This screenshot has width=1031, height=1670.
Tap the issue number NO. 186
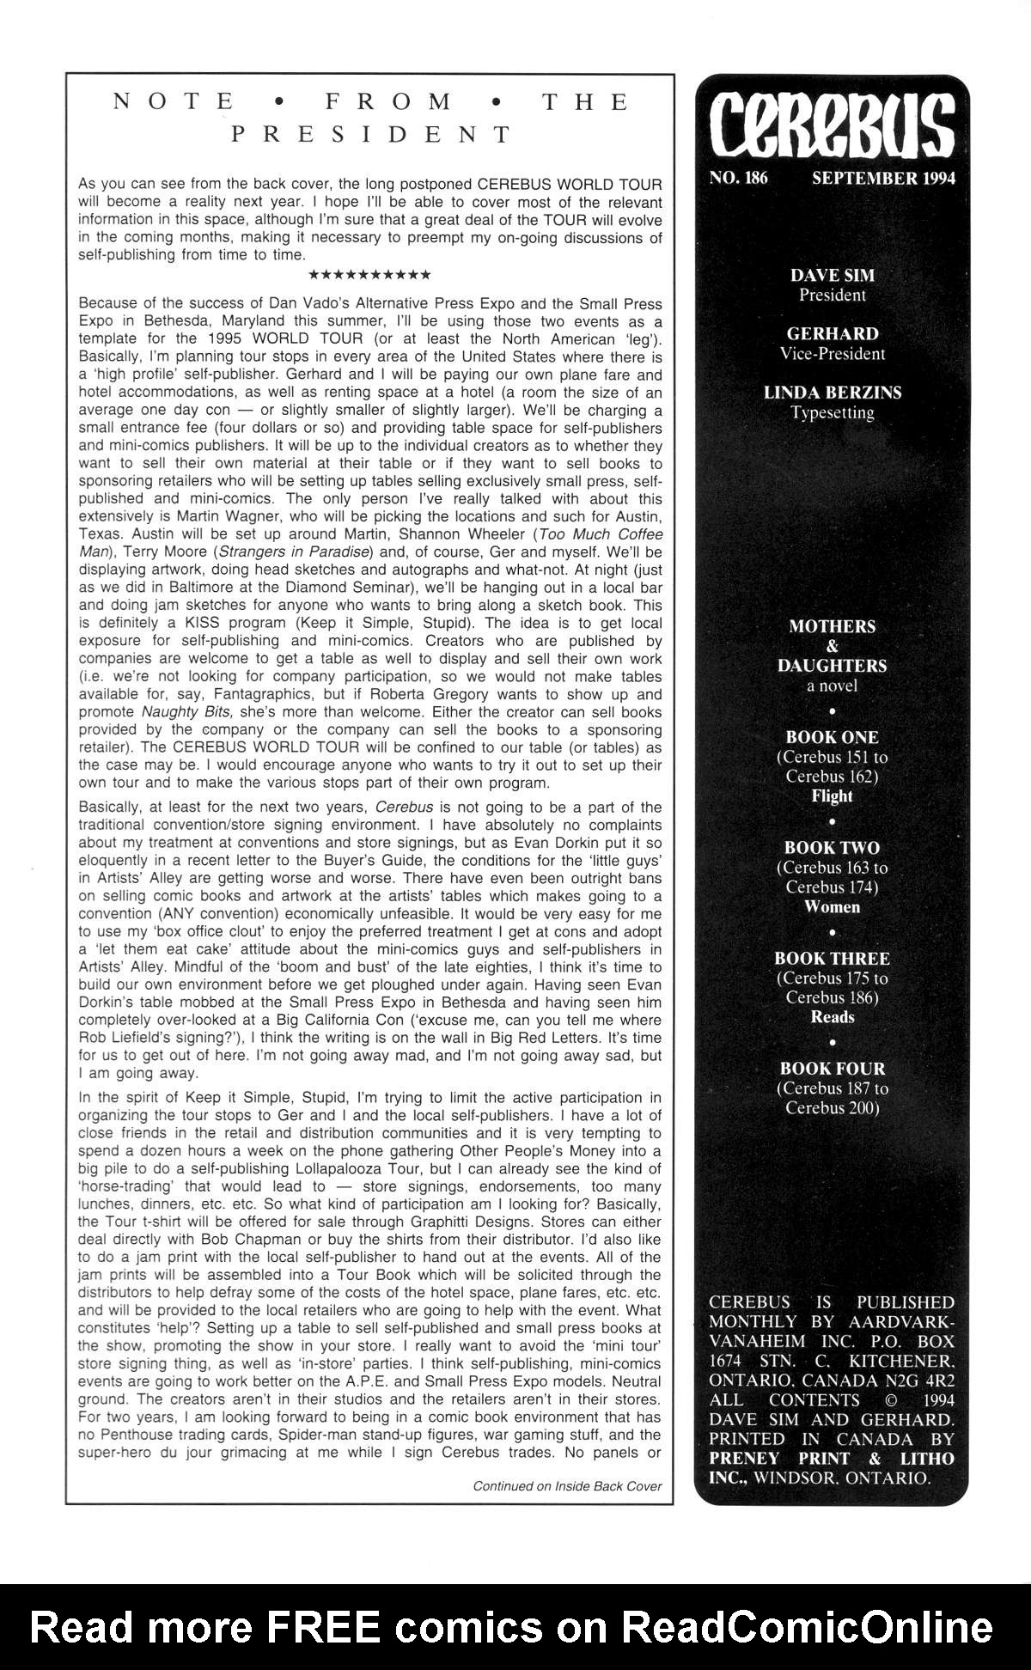pyautogui.click(x=738, y=179)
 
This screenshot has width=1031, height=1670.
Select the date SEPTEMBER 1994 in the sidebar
pyautogui.click(x=883, y=179)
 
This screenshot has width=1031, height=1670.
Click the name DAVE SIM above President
pyautogui.click(x=832, y=276)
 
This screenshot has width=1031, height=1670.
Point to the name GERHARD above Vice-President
pyautogui.click(x=832, y=334)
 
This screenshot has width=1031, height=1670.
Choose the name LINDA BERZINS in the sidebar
pyautogui.click(x=832, y=393)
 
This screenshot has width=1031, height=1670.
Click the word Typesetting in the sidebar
pyautogui.click(x=832, y=412)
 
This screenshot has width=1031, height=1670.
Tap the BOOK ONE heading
pyautogui.click(x=832, y=737)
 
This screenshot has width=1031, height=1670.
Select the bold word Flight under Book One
pyautogui.click(x=832, y=795)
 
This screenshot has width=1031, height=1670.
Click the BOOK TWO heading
pyautogui.click(x=832, y=848)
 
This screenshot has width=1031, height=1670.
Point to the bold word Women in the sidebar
pyautogui.click(x=832, y=906)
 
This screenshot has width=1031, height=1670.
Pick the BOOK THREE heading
pyautogui.click(x=832, y=959)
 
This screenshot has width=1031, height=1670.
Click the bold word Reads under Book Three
pyautogui.click(x=832, y=1017)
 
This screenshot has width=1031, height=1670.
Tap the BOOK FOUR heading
pyautogui.click(x=832, y=1069)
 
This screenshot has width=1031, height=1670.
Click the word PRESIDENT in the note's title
pyautogui.click(x=371, y=135)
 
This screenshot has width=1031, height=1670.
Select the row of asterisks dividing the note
pyautogui.click(x=369, y=276)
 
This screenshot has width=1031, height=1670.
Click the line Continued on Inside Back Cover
pyautogui.click(x=567, y=1486)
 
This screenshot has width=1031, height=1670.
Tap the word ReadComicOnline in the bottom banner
pyautogui.click(x=807, y=1626)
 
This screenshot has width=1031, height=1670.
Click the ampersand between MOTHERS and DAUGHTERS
pyautogui.click(x=832, y=646)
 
